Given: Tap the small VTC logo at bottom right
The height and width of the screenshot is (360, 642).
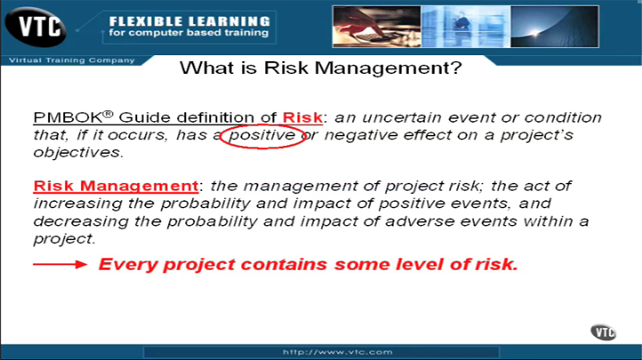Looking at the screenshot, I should pos(603,332).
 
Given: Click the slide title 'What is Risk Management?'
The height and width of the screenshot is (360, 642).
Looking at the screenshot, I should pos(321,68).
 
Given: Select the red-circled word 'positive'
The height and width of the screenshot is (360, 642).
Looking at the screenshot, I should pos(263,135).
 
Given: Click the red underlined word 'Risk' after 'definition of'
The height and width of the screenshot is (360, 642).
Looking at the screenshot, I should pos(302,117).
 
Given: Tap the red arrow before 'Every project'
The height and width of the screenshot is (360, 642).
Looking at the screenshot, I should pos(60,265).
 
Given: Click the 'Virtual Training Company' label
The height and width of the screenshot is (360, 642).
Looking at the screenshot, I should pos(70,60).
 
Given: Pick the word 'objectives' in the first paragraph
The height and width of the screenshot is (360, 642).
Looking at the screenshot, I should pos(69,152).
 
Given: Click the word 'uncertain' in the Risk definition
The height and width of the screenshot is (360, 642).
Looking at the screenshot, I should pos(401,117).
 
